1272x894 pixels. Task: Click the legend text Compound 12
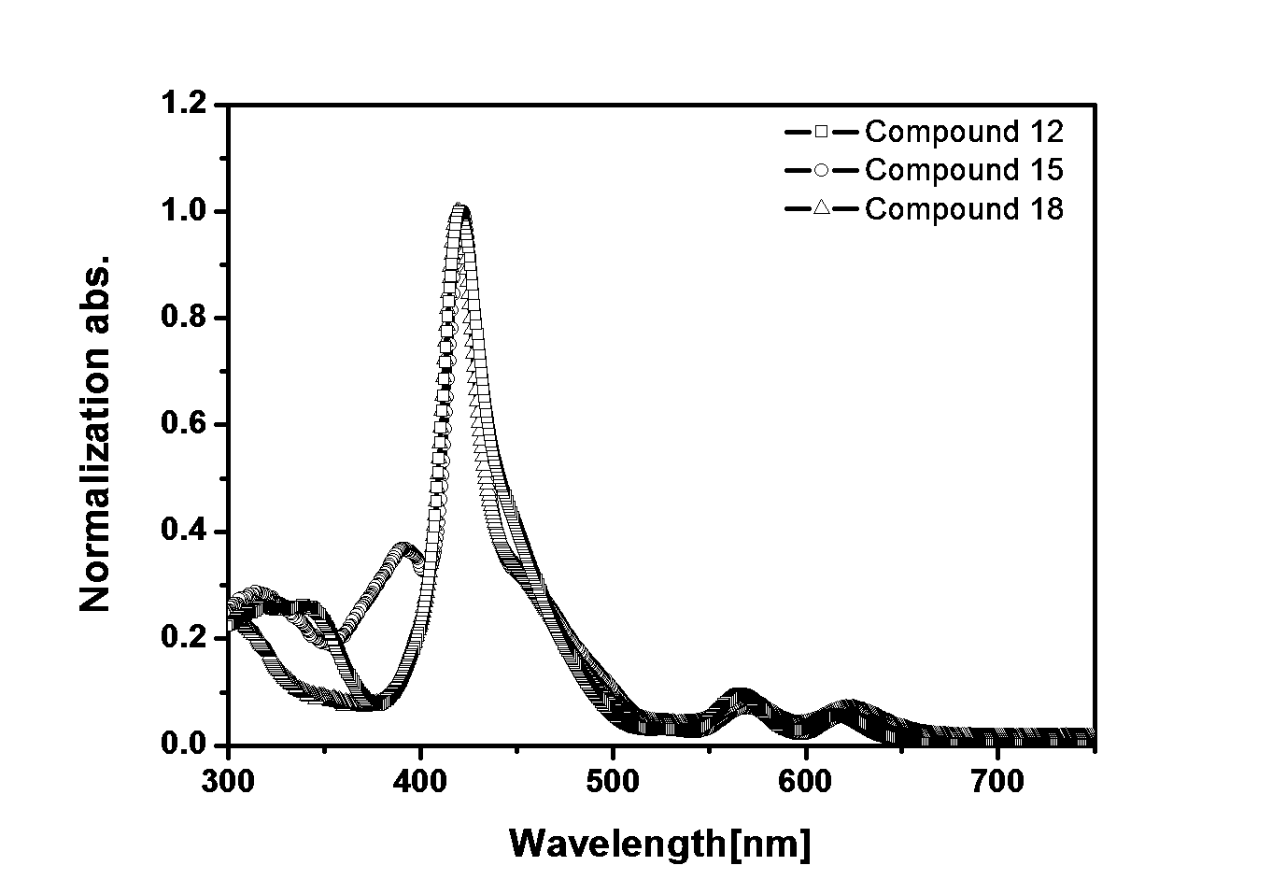coord(964,132)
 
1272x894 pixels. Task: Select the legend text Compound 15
coord(964,170)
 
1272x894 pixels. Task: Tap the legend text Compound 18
coord(964,209)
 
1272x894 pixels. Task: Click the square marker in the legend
coord(821,132)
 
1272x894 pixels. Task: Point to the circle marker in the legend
coord(821,170)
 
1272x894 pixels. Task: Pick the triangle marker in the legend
coord(821,208)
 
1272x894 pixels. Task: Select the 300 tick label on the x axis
coord(228,782)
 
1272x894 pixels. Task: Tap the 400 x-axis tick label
coord(420,782)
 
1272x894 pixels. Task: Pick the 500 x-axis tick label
coord(613,782)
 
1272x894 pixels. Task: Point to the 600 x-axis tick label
coord(805,782)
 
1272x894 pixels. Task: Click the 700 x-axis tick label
coord(997,782)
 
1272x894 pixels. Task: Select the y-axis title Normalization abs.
coord(95,434)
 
